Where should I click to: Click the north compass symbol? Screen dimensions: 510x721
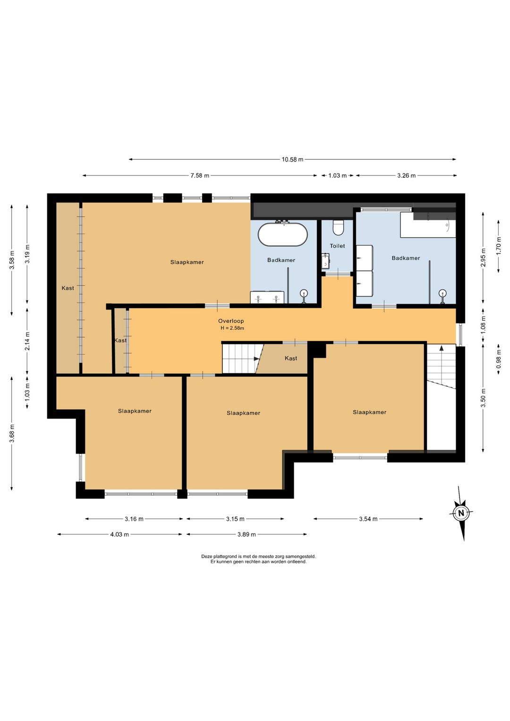click(461, 513)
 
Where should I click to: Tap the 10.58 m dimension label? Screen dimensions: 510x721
click(292, 159)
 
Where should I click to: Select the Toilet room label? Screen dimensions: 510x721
click(337, 246)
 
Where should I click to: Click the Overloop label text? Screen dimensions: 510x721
click(231, 321)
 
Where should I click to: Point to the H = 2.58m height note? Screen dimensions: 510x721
click(232, 328)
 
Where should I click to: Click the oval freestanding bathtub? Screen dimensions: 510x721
click(283, 234)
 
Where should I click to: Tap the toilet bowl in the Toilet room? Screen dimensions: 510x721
click(338, 227)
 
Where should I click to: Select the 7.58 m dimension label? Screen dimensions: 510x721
click(200, 175)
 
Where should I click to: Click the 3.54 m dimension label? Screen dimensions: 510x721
click(368, 519)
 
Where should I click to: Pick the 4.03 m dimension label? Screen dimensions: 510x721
click(119, 535)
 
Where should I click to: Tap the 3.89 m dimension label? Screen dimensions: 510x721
click(246, 535)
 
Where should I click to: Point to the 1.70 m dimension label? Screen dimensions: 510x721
click(499, 246)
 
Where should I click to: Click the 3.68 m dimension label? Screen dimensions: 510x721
click(12, 433)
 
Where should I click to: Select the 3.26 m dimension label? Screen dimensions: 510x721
click(406, 175)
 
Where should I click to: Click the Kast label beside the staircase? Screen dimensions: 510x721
click(291, 358)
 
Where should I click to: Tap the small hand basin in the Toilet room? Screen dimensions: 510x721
click(325, 260)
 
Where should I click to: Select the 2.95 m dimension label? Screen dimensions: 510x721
click(483, 258)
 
